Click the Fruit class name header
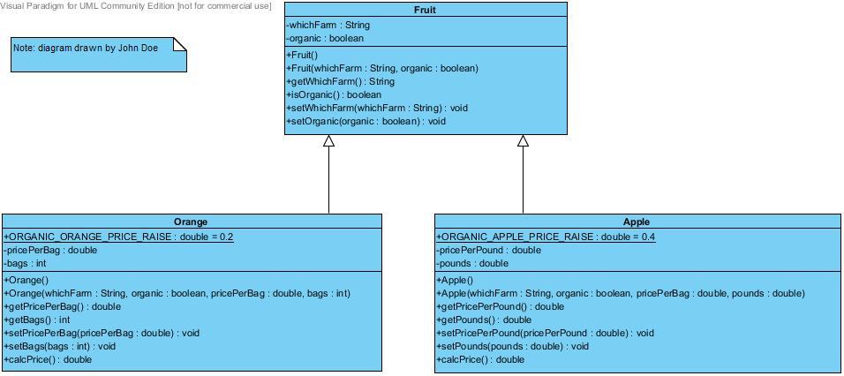tap(425, 11)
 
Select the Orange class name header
tap(191, 222)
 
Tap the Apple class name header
tap(636, 222)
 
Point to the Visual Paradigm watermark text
tap(136, 6)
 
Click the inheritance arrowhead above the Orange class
tap(328, 141)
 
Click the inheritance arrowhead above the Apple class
tap(523, 141)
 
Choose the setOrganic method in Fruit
tap(365, 121)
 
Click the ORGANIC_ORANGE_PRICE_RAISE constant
tap(118, 237)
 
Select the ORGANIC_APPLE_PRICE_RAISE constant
tap(545, 237)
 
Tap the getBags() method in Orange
tap(37, 320)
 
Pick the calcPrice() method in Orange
tap(48, 359)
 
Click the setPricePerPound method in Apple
tap(544, 333)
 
